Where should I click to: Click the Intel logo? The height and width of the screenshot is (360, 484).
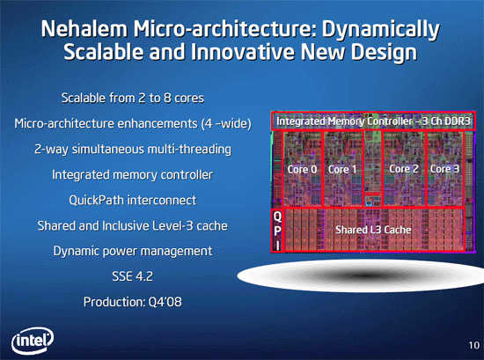[33, 341]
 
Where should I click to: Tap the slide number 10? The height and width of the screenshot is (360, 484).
[473, 345]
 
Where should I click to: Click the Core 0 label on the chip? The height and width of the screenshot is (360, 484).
[302, 169]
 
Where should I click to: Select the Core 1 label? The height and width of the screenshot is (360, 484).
[342, 169]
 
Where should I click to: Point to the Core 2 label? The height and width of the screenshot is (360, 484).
[404, 169]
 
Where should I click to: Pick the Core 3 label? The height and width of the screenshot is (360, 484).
[444, 169]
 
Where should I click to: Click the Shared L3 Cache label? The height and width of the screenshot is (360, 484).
[373, 230]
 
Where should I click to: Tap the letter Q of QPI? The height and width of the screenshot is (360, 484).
[277, 217]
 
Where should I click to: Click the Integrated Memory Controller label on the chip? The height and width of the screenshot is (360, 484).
[373, 121]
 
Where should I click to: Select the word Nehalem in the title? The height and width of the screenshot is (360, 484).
[84, 29]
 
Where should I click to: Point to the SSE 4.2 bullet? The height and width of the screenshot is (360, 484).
[132, 276]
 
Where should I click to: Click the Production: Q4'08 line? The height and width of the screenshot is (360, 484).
[132, 302]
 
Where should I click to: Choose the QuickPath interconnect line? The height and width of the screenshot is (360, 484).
[132, 200]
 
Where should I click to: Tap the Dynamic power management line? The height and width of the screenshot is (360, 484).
[133, 252]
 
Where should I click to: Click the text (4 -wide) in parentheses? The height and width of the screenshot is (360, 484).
[226, 124]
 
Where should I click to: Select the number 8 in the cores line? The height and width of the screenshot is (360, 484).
[167, 98]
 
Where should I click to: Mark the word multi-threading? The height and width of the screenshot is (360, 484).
[189, 150]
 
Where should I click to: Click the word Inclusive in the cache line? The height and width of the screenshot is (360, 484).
[143, 225]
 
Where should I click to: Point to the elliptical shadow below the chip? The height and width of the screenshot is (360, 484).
[360, 276]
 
